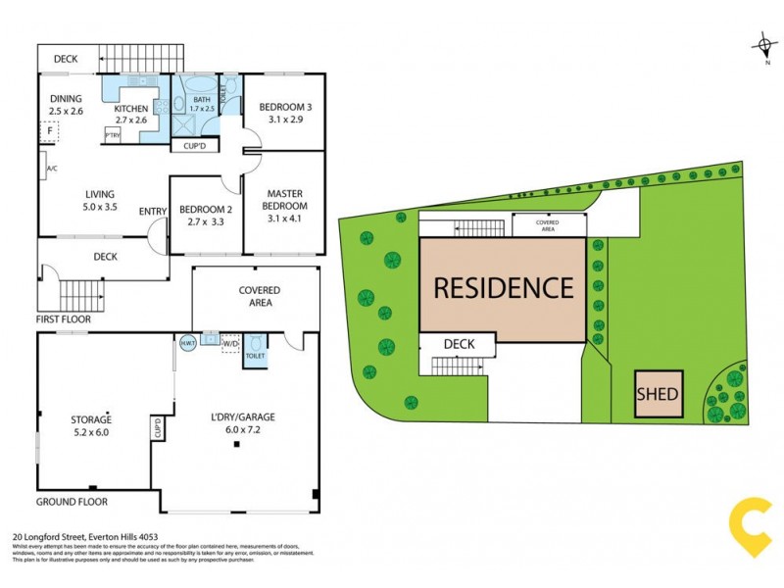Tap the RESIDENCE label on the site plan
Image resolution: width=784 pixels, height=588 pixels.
(503, 287)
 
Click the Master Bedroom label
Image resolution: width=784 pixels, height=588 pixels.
(283, 201)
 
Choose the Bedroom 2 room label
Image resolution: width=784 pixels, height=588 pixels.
(204, 216)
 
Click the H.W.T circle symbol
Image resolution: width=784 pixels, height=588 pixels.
(187, 343)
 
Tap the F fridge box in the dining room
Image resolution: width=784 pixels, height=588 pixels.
(49, 130)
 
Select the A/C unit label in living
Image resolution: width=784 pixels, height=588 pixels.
(51, 169)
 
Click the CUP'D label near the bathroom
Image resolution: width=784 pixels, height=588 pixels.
(194, 146)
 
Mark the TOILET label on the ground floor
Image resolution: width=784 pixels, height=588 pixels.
(254, 358)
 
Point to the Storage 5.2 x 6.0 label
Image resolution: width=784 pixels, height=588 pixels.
(90, 424)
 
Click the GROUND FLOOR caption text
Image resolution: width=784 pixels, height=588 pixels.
(73, 502)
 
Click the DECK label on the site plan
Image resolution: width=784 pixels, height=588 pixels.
(459, 344)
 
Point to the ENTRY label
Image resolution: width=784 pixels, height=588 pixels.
(153, 212)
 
